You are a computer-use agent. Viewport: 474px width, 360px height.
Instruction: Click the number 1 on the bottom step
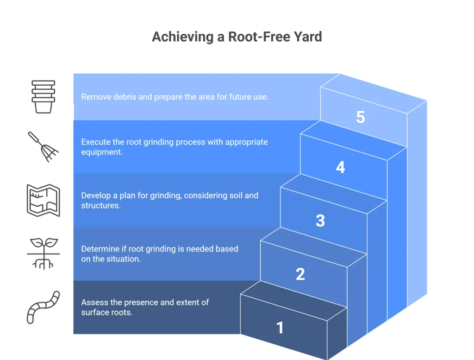pyautogui.click(x=280, y=328)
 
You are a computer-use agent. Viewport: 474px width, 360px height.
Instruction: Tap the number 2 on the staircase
pyautogui.click(x=300, y=274)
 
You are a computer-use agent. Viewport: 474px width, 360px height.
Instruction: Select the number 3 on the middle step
pyautogui.click(x=320, y=221)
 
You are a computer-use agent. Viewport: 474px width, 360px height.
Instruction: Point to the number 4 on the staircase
pyautogui.click(x=340, y=167)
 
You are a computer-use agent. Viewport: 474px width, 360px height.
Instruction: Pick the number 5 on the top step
pyautogui.click(x=361, y=117)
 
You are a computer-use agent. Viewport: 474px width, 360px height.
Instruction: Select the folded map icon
pyautogui.click(x=43, y=200)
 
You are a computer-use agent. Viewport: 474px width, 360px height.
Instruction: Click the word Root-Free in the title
pyautogui.click(x=256, y=37)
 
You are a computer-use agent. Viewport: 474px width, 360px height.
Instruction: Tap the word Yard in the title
pyautogui.click(x=306, y=37)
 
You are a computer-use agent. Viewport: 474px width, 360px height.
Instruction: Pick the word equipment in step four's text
pyautogui.click(x=102, y=152)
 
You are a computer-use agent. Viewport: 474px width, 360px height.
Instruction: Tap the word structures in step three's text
pyautogui.click(x=100, y=205)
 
